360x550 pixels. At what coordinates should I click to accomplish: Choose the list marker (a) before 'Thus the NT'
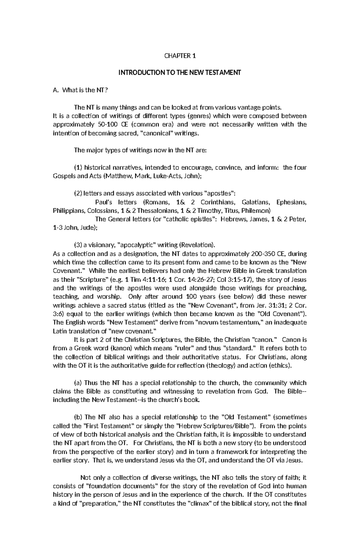[x=78, y=383]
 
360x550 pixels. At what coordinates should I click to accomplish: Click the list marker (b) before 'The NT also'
[x=78, y=417]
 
